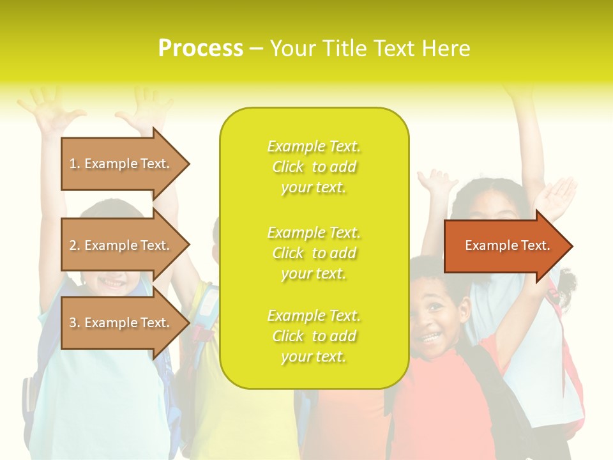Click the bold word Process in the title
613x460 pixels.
(x=201, y=49)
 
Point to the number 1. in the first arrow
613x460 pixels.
(x=75, y=164)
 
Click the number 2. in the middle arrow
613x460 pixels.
(x=75, y=245)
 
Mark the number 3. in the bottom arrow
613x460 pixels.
(x=75, y=323)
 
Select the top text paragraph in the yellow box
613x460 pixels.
(x=314, y=167)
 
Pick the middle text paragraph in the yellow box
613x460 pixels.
(x=314, y=253)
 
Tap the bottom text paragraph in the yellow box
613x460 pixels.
(x=314, y=336)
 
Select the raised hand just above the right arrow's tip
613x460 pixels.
(x=556, y=195)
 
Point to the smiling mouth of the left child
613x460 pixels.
(x=114, y=281)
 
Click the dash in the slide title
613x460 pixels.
(x=256, y=49)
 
